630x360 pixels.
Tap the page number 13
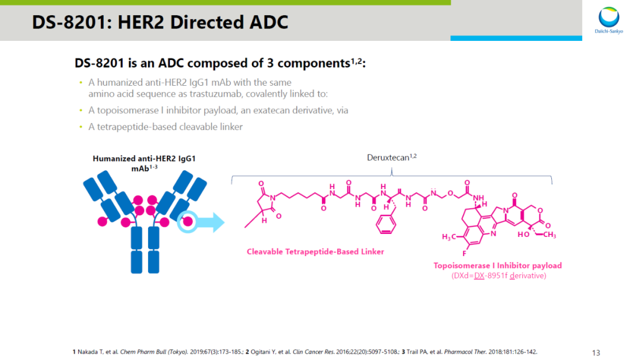596,352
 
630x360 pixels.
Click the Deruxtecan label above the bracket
388,158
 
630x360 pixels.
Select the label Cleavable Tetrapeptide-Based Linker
315,252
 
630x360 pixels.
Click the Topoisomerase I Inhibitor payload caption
498,265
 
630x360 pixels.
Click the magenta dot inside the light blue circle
188,222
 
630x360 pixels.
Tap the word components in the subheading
312,64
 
